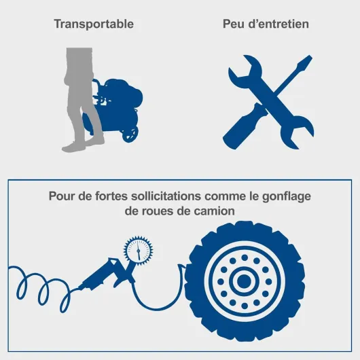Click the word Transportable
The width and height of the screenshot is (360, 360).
pos(94,24)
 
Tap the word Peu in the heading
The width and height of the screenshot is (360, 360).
pos(234,24)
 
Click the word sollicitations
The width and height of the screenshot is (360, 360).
pos(166,196)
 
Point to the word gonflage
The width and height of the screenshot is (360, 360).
pos(287,197)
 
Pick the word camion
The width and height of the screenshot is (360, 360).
pos(215,211)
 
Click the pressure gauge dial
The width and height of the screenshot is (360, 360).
pos(138,250)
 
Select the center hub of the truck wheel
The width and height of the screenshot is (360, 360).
pos(244,281)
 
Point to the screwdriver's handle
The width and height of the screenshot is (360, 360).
pos(245,126)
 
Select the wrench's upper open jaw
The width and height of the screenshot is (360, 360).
pos(246,69)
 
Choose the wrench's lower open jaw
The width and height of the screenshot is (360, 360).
pos(298,132)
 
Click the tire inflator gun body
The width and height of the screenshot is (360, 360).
pos(105,273)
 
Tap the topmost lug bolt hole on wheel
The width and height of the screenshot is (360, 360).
pos(245,257)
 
